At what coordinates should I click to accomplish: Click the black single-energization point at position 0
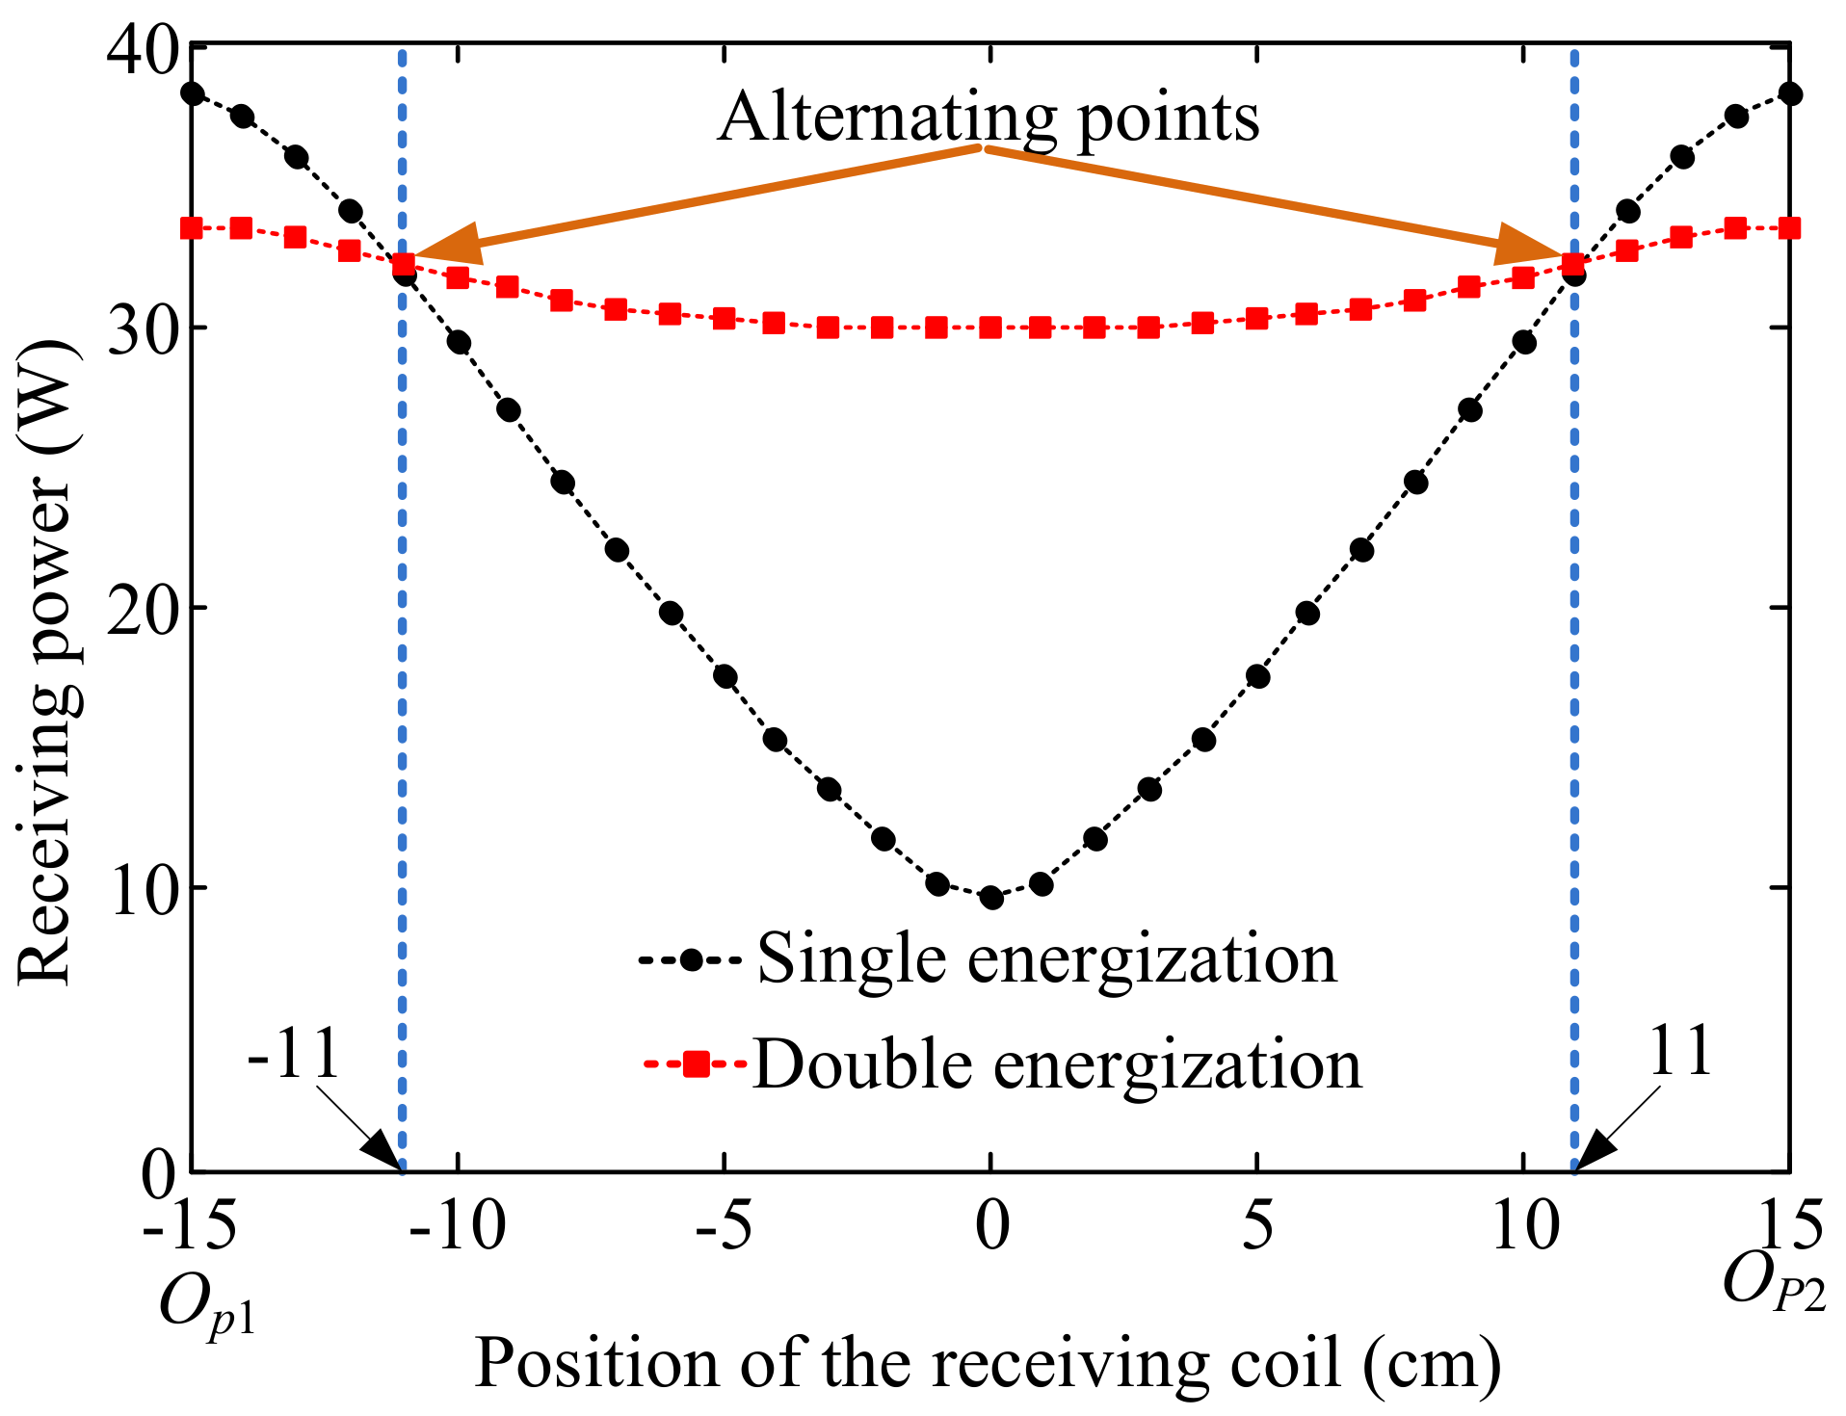pos(990,898)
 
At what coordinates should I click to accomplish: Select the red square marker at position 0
pos(990,328)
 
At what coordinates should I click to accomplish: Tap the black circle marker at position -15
pos(193,93)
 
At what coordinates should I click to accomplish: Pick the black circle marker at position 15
pos(1790,93)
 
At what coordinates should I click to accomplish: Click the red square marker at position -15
pos(192,228)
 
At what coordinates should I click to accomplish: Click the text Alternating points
pos(989,118)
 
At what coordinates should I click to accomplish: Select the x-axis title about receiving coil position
pos(988,1364)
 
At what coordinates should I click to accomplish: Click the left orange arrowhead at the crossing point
pos(443,245)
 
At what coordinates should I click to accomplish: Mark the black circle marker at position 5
pos(1257,676)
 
